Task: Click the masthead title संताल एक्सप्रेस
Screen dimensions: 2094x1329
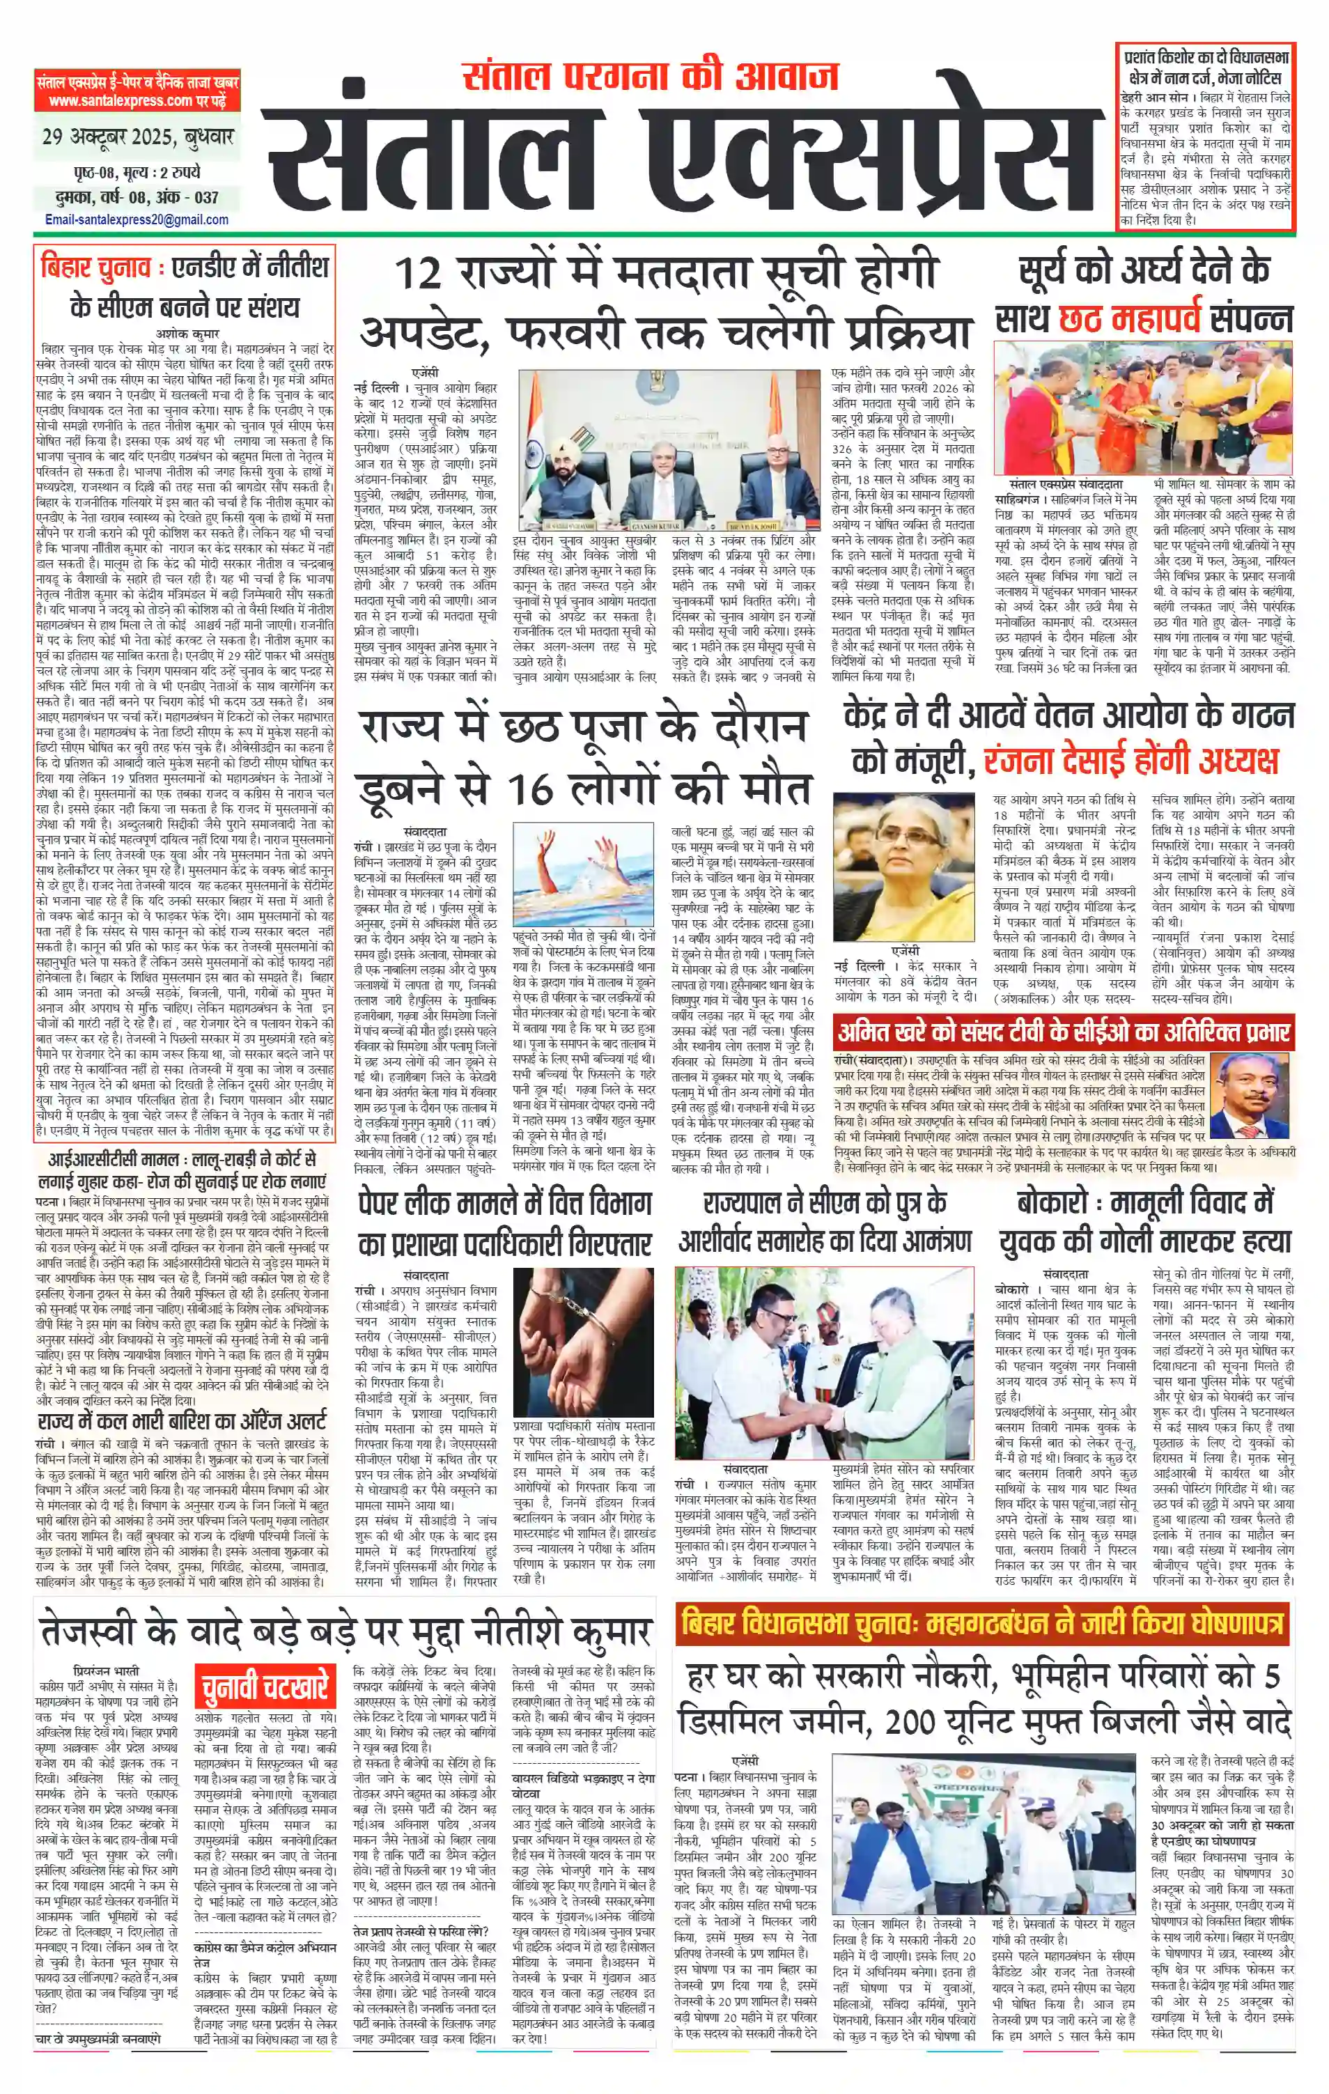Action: pos(678,157)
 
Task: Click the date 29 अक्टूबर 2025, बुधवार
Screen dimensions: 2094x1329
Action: pos(137,137)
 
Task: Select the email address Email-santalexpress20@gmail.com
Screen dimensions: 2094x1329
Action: pos(137,220)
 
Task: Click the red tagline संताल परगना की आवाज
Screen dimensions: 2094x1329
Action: pos(651,77)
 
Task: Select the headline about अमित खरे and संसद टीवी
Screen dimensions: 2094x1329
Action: pos(1063,1033)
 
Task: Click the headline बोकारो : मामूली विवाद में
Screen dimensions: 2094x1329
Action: pos(1144,1202)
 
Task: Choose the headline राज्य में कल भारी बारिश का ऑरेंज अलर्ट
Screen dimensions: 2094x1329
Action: pos(182,1422)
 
